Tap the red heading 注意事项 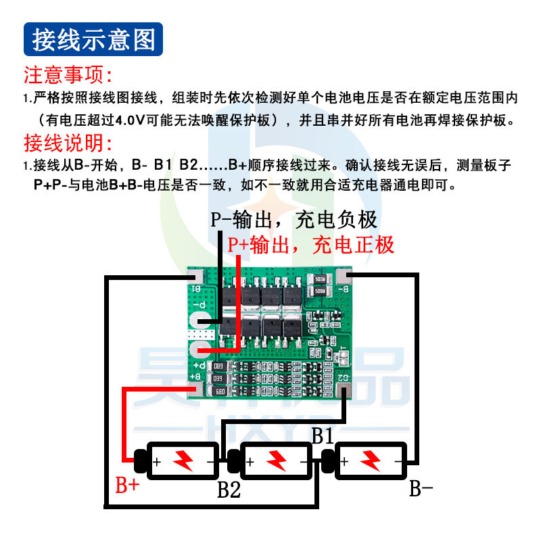(68, 74)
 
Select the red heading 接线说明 (68, 143)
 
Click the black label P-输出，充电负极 (293, 220)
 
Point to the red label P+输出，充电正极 (312, 245)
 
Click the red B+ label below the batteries (128, 484)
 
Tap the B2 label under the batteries (229, 488)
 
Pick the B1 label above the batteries (323, 436)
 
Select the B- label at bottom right (421, 488)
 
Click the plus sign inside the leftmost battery (157, 462)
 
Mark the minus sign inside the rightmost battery (398, 462)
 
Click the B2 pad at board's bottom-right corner (345, 390)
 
